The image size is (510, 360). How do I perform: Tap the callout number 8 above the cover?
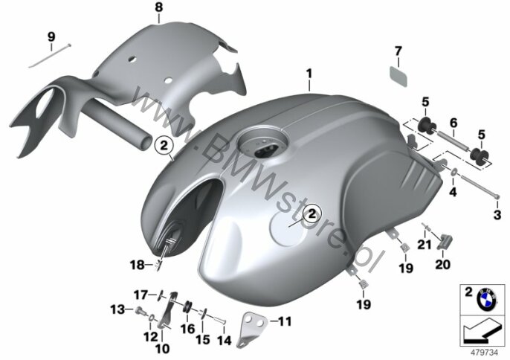click(x=158, y=7)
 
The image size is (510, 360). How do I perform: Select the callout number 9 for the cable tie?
click(x=51, y=36)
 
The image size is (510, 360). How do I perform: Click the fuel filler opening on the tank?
click(x=263, y=147)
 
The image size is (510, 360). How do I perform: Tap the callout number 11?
click(x=285, y=321)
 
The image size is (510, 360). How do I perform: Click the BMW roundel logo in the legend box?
click(x=486, y=298)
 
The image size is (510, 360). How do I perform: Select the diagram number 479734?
click(x=485, y=353)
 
